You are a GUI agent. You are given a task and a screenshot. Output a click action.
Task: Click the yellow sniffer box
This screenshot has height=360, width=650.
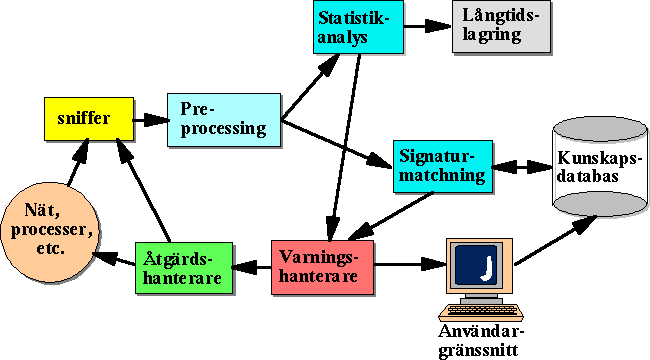[x=89, y=119]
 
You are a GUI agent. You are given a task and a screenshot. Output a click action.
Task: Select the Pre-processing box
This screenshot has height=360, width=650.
[x=224, y=120]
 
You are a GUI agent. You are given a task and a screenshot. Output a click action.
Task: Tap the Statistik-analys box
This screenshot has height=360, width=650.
[x=358, y=27]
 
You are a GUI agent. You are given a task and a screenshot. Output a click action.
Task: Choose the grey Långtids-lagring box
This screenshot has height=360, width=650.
[x=502, y=27]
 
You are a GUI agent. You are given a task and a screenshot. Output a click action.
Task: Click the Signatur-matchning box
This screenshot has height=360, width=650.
[x=443, y=167]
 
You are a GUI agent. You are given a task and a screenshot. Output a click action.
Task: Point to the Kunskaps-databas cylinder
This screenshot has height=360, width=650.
[x=600, y=167]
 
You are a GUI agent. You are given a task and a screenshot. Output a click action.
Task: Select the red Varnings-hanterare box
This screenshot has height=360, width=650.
[x=323, y=268]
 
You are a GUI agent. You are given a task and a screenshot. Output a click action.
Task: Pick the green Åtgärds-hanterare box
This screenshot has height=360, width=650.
[x=184, y=268]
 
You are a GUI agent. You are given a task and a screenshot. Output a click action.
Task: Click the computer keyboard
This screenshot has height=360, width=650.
[x=481, y=311]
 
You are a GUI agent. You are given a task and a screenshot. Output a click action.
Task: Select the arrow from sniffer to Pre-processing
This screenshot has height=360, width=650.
[x=151, y=120]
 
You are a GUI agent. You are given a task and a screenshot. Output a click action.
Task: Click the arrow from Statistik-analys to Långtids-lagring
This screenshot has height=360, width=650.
[x=427, y=26]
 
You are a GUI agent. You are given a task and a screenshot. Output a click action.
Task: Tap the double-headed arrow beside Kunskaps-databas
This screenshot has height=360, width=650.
[x=522, y=167]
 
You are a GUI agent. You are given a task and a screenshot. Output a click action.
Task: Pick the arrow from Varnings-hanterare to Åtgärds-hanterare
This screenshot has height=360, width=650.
[x=252, y=267]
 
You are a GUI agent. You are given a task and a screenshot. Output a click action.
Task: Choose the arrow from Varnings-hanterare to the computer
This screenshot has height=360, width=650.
[x=410, y=264]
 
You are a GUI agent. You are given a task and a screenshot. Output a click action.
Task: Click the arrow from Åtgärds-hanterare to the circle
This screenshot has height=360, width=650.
[x=115, y=259]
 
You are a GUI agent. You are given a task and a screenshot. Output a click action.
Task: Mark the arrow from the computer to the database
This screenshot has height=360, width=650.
[x=555, y=241]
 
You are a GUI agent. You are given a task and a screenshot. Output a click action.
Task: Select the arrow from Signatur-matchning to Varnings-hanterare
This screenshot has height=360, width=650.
[x=391, y=216]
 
